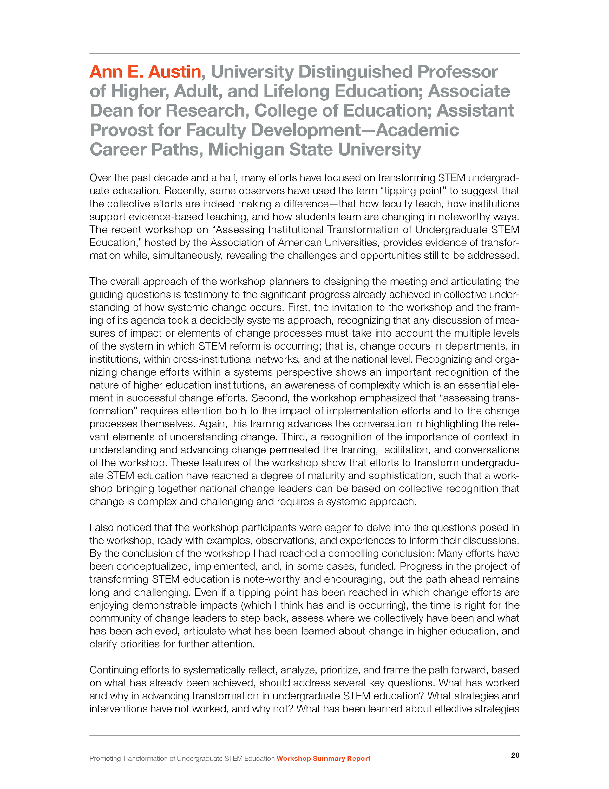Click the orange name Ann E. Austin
tap(145, 71)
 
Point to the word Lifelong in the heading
tap(296, 91)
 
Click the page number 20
tap(515, 755)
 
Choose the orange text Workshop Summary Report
tap(324, 758)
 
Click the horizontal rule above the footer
tap(304, 735)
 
